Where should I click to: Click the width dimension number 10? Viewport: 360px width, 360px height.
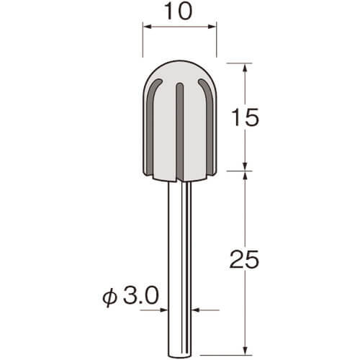coord(179,11)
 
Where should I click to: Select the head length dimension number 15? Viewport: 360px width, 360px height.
coord(245,117)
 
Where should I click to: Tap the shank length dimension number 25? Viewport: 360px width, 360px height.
coord(244,259)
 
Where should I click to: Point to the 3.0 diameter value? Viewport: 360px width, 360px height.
coord(141,296)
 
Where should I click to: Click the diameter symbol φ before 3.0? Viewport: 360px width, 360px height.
coord(109,297)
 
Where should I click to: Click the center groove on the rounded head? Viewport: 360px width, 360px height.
coord(180,132)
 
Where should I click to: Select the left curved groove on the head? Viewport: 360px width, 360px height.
coord(151,125)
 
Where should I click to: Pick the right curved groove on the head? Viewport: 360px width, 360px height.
coord(208,125)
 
